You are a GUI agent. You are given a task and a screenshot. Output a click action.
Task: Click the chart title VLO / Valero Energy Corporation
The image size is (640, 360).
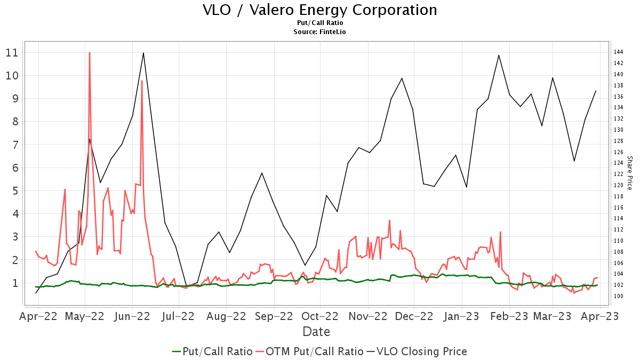[320, 10]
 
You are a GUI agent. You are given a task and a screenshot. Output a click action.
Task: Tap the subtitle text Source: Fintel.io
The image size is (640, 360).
[320, 32]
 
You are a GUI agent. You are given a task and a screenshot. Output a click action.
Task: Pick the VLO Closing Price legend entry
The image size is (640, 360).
[421, 351]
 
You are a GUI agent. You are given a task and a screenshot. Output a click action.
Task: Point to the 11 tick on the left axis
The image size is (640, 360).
[12, 53]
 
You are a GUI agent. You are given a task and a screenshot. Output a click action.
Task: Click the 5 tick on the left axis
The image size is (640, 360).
[15, 190]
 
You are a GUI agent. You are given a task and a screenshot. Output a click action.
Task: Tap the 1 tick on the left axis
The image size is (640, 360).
[15, 283]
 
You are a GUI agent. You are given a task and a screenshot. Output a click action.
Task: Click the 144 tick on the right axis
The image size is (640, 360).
[619, 52]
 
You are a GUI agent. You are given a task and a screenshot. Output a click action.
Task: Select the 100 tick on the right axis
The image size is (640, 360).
[619, 296]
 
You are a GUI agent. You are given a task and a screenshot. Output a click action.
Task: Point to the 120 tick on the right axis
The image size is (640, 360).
[619, 185]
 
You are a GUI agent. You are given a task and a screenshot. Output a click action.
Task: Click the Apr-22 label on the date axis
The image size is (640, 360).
[38, 316]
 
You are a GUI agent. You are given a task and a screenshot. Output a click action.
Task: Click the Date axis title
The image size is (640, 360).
[316, 332]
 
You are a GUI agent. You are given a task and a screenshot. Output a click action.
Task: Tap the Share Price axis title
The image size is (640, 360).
[629, 173]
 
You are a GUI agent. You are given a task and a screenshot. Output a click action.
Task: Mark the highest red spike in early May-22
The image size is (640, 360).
[90, 53]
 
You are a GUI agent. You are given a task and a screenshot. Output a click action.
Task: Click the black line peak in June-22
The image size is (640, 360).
[143, 53]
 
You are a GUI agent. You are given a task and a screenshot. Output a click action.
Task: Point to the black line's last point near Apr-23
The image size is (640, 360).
[596, 91]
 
